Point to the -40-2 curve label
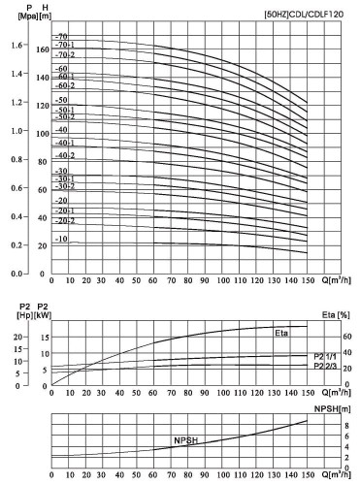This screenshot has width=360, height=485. (65, 155)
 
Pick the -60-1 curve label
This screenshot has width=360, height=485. (66, 77)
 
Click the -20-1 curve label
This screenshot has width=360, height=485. (65, 210)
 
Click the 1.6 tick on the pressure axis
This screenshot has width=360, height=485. (15, 46)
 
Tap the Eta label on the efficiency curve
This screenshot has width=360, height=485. (281, 335)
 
